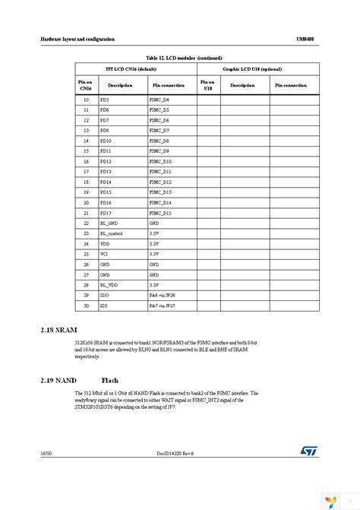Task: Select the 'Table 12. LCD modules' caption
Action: pos(180,57)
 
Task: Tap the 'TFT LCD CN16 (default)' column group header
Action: pos(134,68)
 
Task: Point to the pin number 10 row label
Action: pos(86,100)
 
